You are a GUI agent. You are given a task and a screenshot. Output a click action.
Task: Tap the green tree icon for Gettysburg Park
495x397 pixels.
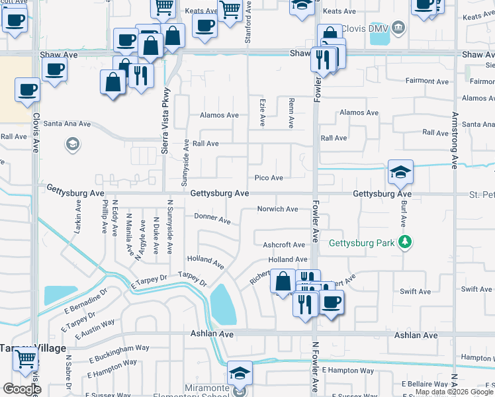[x=404, y=243]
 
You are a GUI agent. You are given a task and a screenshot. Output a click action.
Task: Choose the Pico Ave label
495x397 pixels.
[x=269, y=178]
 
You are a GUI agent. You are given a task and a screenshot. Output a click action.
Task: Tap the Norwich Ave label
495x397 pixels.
[x=277, y=209]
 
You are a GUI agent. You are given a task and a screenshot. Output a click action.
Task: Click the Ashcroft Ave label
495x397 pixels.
[x=284, y=245]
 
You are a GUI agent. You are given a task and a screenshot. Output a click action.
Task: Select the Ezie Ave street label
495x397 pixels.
[x=262, y=112]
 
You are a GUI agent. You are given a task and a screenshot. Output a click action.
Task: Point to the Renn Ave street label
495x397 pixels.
[x=291, y=112]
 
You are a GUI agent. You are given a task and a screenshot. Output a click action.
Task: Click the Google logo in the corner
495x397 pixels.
[x=21, y=389]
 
